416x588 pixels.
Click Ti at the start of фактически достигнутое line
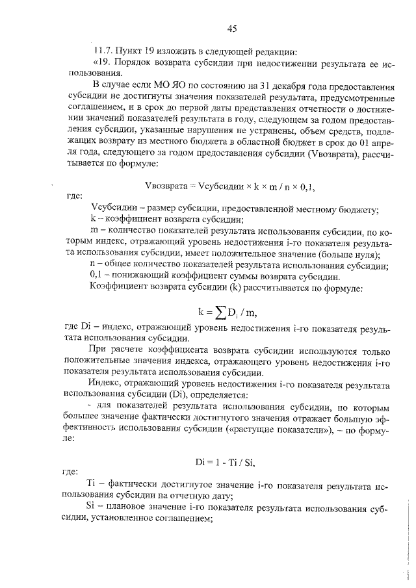[92, 484]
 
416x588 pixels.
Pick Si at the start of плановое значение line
[92, 505]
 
